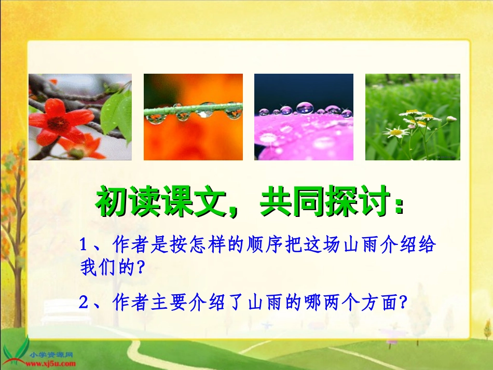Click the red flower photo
(x=80, y=117)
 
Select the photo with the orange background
(x=193, y=117)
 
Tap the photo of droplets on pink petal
(x=304, y=117)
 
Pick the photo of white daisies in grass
(x=413, y=117)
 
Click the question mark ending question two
(x=401, y=303)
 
